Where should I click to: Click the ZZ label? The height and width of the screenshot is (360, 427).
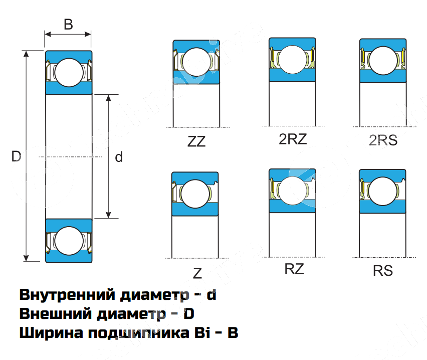coord(196,141)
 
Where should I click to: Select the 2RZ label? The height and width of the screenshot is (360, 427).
coord(293,139)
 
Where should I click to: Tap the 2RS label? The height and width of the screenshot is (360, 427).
coord(383,140)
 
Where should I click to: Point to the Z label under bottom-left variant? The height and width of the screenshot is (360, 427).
coord(197,273)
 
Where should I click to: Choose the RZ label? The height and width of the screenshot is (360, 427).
coord(294,269)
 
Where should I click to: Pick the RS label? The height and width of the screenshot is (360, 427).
coord(383,271)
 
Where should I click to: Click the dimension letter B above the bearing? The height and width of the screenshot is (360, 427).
coord(69,24)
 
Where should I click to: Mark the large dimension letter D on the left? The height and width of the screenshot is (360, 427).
coord(16,156)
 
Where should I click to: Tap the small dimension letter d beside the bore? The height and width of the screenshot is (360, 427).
coord(119,157)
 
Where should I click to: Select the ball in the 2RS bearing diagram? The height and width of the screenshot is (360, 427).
coord(383,59)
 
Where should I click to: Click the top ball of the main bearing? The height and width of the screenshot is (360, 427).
coord(69,72)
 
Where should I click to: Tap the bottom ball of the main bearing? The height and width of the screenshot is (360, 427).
coord(69,240)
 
